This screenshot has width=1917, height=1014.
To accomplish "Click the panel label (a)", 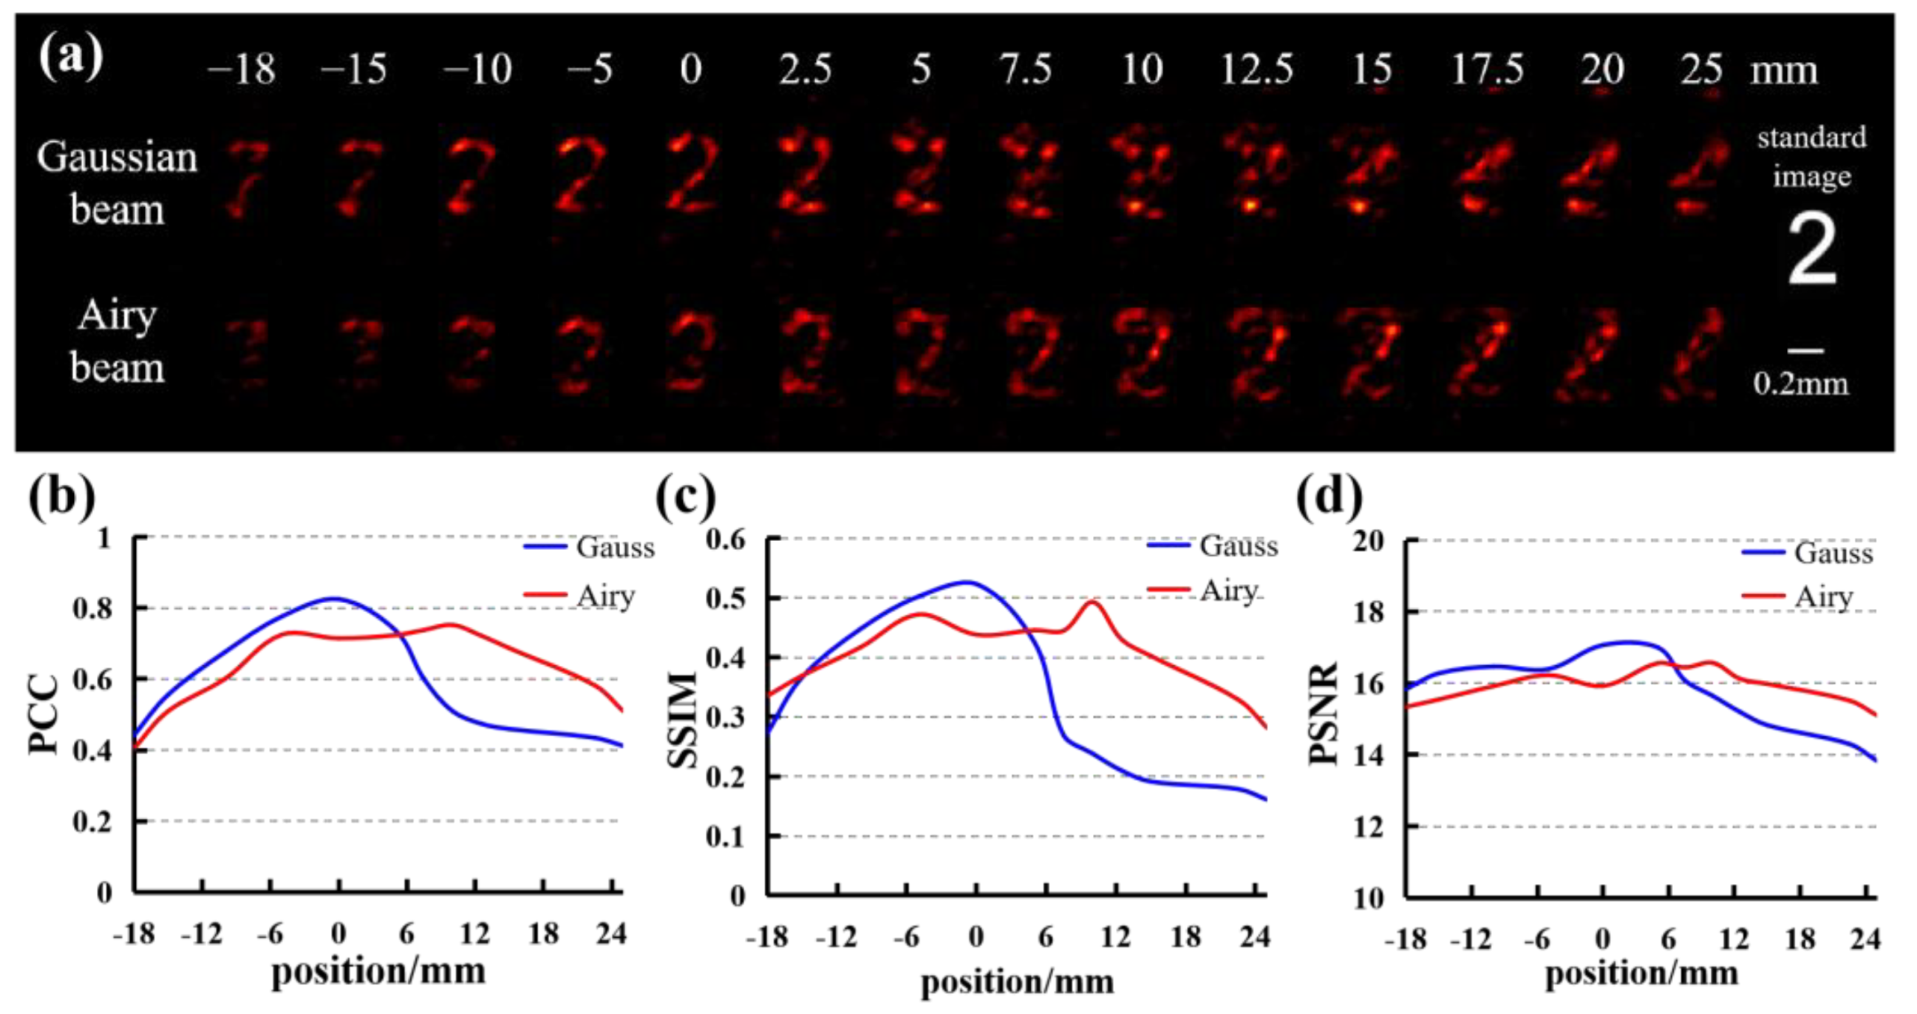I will point(71,58).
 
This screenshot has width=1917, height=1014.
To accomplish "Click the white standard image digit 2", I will point(1812,249).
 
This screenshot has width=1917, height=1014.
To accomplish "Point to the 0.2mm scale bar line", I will point(1805,350).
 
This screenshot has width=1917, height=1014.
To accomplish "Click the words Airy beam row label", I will point(117,341).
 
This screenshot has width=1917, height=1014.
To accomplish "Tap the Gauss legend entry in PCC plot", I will point(589,548).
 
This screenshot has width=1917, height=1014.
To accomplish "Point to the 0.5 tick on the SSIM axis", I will point(726,599).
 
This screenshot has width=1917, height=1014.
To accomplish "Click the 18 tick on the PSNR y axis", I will point(1367,612).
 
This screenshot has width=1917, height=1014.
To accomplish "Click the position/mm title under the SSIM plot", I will point(1018,981).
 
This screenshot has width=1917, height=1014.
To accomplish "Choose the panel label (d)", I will point(1329,497).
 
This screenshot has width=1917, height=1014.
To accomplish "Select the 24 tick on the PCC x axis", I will point(612,933).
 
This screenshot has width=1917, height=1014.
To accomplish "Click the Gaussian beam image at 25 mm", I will point(1701,179).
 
